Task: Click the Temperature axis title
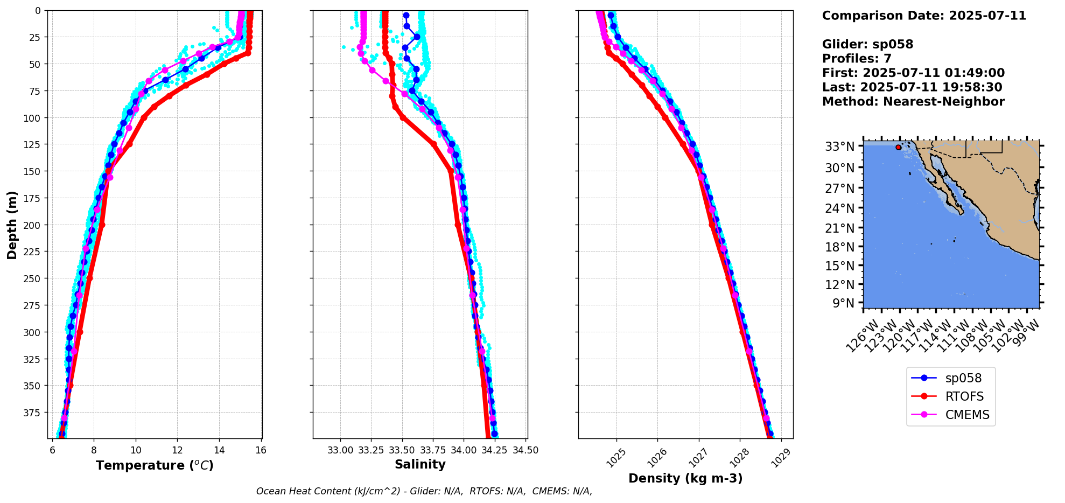[155, 465]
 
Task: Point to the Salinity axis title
[420, 464]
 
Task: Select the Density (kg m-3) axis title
[685, 478]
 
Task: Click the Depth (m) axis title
[12, 225]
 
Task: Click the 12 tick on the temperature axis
[177, 450]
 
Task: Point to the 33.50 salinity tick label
[402, 450]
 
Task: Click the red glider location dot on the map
[898, 147]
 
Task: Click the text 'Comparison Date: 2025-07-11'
[924, 16]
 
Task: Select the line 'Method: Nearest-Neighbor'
[913, 102]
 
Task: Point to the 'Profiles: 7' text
[857, 59]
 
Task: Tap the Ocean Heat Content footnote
[424, 491]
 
